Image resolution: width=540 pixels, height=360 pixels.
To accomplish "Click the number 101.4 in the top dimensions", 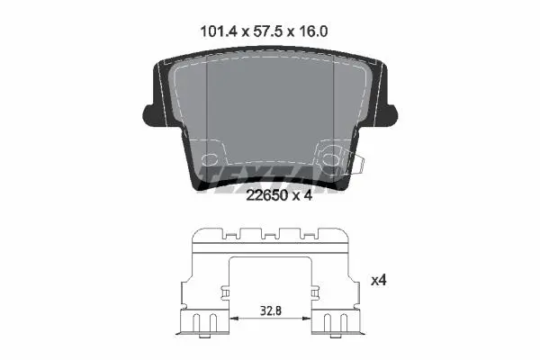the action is click(x=219, y=31).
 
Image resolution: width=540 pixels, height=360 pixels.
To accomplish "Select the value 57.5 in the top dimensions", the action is click(x=267, y=31).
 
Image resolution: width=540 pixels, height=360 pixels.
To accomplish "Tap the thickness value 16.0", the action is click(x=313, y=31).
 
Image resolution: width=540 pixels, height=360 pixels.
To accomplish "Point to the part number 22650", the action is click(x=267, y=195).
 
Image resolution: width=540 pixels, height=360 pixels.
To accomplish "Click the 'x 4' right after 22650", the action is click(x=302, y=195).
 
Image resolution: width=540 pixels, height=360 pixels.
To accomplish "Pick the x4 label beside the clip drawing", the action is click(x=379, y=281).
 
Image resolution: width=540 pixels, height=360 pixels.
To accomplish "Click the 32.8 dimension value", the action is click(x=271, y=310).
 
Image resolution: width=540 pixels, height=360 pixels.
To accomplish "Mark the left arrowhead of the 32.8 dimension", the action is click(x=234, y=319).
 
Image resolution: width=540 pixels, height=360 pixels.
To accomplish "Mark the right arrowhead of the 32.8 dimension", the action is click(x=307, y=319).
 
